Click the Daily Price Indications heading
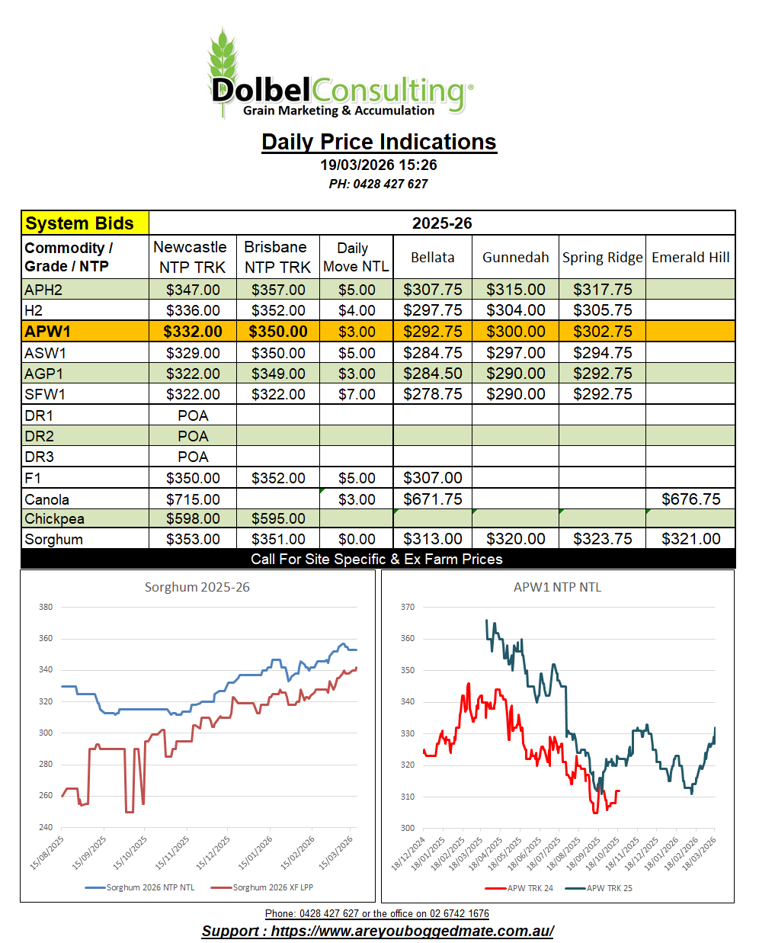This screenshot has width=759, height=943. (x=379, y=142)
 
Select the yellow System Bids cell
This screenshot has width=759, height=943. (x=85, y=223)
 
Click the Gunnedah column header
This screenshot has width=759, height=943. (x=515, y=258)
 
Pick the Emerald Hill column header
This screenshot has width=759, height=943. (x=690, y=258)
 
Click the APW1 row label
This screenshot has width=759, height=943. (x=47, y=332)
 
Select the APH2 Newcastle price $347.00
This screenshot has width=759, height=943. (x=193, y=290)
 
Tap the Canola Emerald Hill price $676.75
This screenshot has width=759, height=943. (x=690, y=499)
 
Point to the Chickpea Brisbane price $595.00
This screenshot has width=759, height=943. (x=278, y=518)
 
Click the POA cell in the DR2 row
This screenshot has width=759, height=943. (x=193, y=436)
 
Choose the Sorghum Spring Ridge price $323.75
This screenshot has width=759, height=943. (x=602, y=539)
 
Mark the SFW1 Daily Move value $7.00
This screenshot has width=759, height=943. (x=357, y=394)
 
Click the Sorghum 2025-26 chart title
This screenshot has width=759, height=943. (x=197, y=587)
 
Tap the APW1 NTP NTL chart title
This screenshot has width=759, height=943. (x=557, y=587)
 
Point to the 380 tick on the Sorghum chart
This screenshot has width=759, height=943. (x=46, y=607)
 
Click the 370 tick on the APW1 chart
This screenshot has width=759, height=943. (x=408, y=607)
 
